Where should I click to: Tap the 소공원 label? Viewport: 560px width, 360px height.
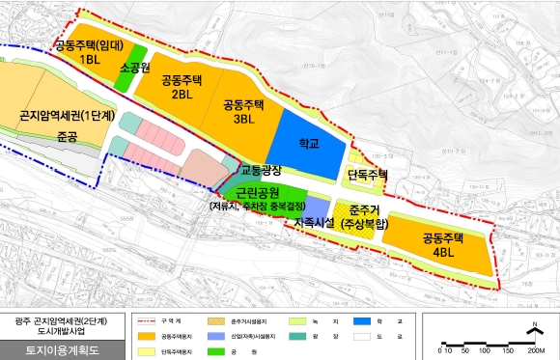click(134, 69)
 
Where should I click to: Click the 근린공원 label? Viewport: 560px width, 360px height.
click(258, 193)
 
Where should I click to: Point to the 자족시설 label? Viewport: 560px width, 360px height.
click(314, 223)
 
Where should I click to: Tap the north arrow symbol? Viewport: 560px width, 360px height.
click(533, 331)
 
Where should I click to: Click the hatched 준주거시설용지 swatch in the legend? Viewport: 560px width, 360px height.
click(218, 319)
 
